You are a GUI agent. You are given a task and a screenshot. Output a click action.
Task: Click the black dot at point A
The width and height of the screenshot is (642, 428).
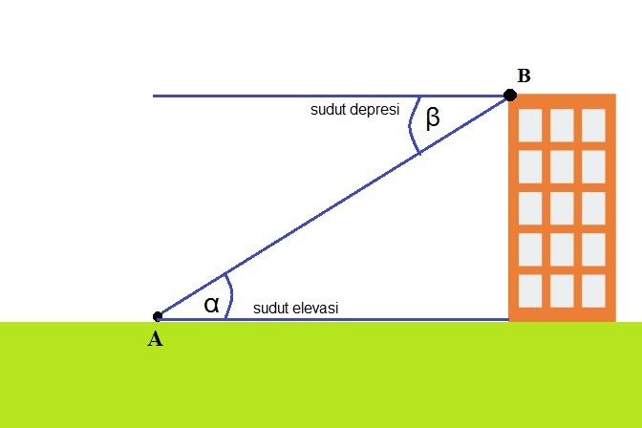point(158,316)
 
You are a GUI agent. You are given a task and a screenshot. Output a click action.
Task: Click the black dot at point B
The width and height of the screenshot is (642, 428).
point(510,95)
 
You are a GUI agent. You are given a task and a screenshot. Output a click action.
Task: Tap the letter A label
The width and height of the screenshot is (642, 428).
point(155,338)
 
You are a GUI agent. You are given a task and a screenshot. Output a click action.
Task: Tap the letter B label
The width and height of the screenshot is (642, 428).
point(524,75)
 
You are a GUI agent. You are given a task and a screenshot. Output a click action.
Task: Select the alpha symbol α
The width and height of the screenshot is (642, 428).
point(212,304)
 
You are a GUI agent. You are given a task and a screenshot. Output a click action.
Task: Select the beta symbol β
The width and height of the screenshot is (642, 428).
point(433,118)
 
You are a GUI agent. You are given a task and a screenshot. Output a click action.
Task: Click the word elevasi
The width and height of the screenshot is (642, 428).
point(316,309)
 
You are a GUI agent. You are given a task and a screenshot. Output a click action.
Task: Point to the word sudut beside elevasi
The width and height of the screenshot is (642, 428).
point(271,309)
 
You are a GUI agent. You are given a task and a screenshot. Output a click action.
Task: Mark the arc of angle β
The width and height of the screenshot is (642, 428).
point(411,129)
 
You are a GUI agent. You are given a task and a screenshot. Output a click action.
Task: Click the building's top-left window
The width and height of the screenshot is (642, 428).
point(530,123)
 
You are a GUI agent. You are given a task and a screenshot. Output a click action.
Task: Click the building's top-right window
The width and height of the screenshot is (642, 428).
point(593,123)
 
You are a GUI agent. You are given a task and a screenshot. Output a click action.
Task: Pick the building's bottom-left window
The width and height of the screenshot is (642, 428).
point(530,289)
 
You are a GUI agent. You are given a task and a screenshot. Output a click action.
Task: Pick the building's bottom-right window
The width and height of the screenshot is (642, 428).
point(593,289)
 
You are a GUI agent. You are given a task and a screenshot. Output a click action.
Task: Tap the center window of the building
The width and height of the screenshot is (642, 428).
point(562,206)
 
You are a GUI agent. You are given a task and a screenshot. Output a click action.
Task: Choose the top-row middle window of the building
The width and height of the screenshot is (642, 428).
point(562,123)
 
